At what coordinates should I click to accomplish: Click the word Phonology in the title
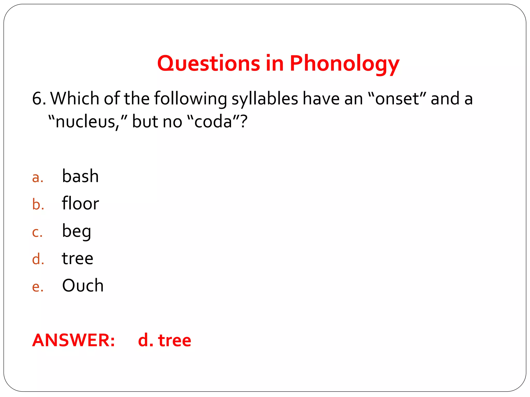click(x=344, y=64)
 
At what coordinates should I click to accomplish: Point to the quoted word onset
click(x=397, y=99)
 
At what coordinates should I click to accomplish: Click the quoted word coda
click(x=213, y=121)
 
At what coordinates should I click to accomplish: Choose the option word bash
click(x=80, y=176)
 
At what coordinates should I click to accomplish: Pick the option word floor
click(x=80, y=203)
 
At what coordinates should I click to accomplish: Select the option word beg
click(x=77, y=231)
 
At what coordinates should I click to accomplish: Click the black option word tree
click(x=77, y=258)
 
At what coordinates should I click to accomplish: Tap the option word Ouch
click(x=83, y=286)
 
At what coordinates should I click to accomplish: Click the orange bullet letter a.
click(x=38, y=178)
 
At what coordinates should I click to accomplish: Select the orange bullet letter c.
click(x=37, y=232)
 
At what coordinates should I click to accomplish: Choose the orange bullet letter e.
click(x=38, y=287)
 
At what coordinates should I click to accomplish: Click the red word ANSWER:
click(x=73, y=340)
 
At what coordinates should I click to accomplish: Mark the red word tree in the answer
click(x=174, y=340)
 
